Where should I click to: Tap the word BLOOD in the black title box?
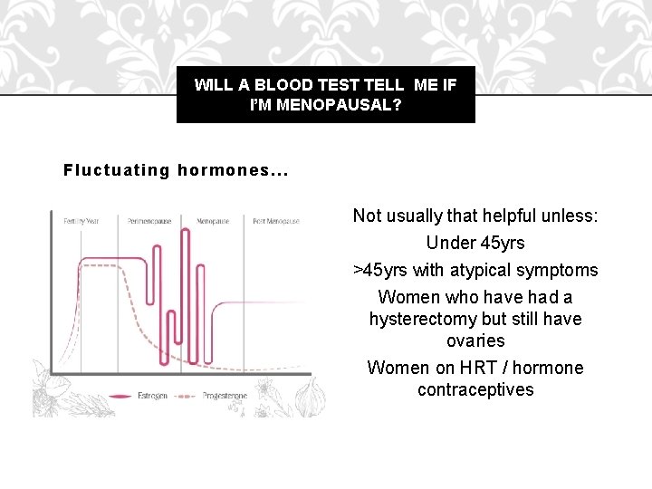280,85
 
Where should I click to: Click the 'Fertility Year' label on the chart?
82,221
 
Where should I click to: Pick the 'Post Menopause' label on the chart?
272,221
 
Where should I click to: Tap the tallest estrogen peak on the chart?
185,232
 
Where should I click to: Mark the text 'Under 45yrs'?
475,243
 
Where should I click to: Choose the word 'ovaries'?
475,340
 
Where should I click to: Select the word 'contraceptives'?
475,389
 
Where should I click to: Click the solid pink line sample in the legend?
121,396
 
